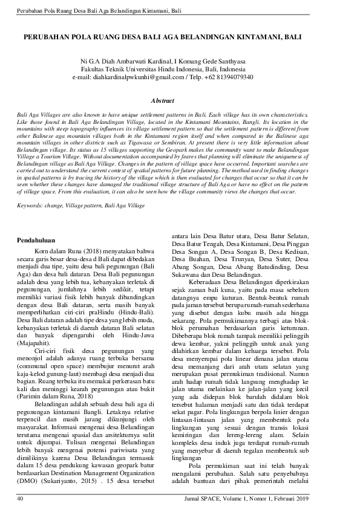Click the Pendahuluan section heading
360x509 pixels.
[36, 240]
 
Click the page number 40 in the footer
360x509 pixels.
[20, 499]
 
